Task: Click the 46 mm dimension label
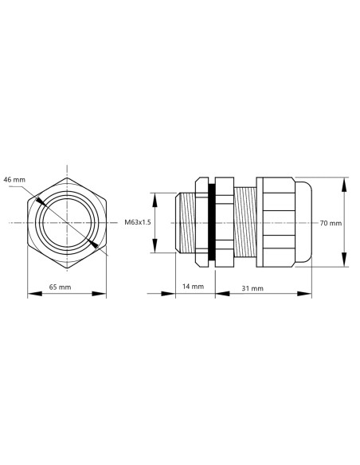15,179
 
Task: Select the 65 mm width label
61,285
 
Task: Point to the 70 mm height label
330,223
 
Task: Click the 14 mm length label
194,285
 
